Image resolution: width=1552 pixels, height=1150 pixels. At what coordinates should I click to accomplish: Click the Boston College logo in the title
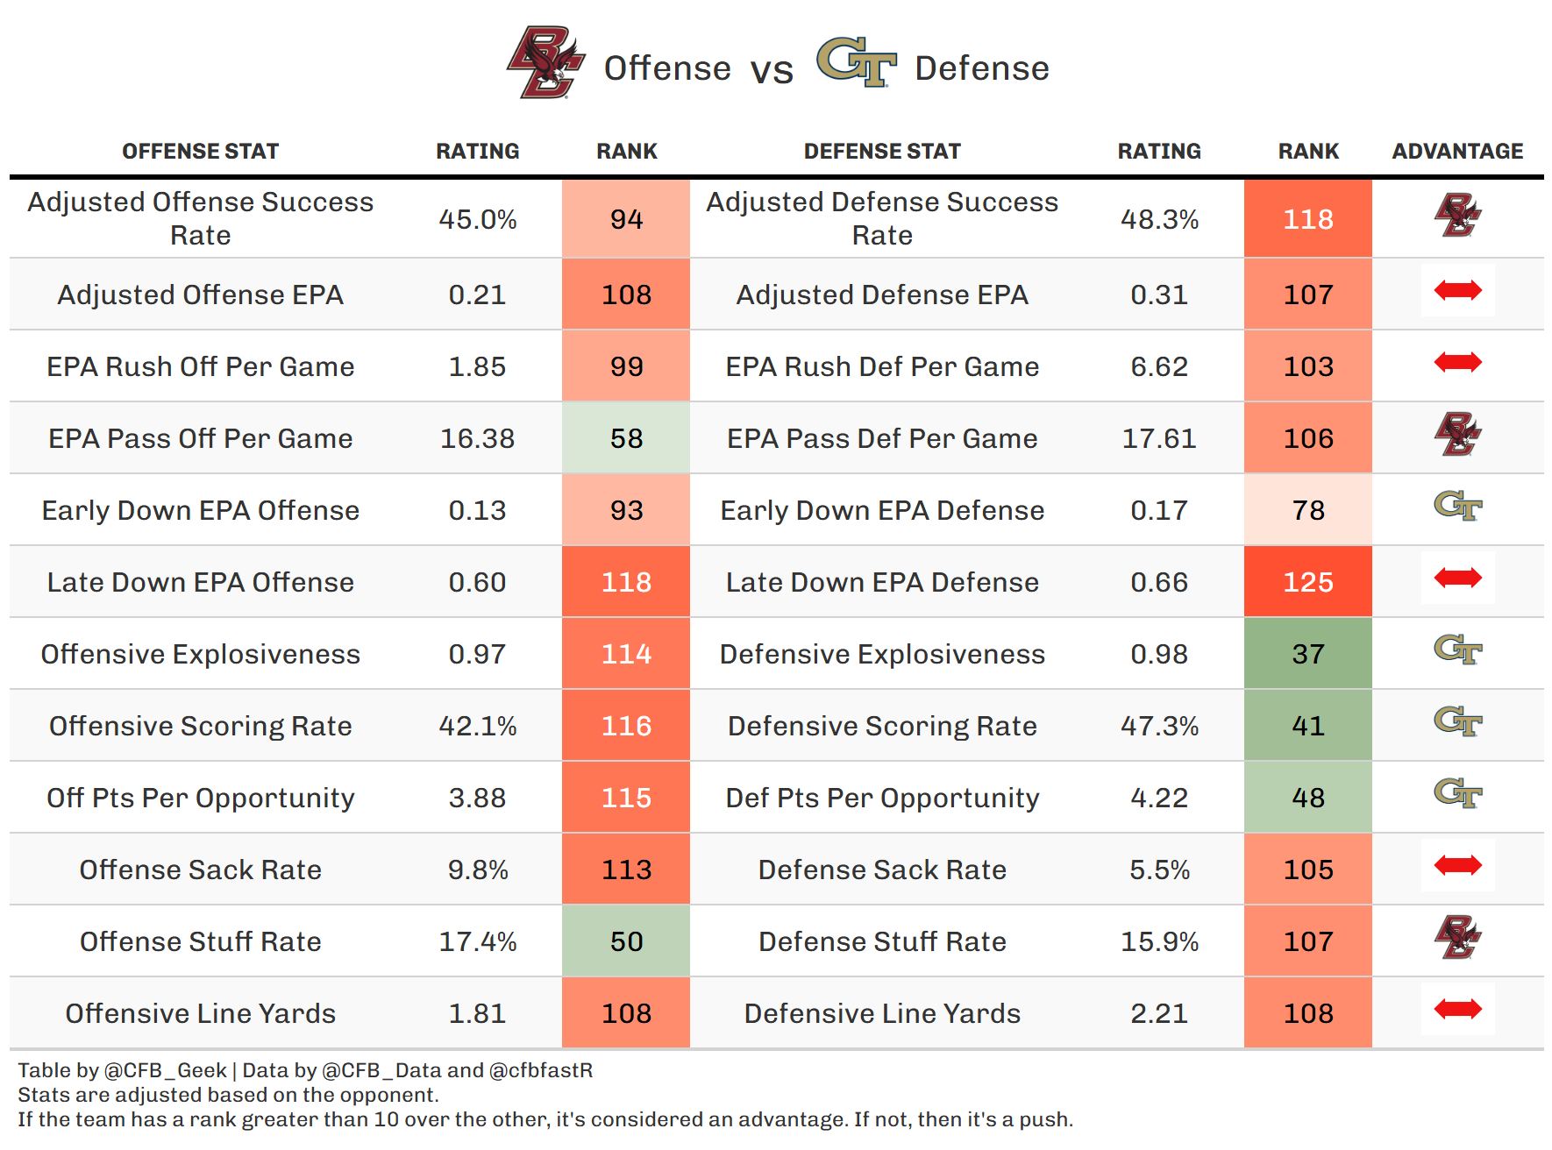click(545, 62)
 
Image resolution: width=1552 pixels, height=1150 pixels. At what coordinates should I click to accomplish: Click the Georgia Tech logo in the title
click(856, 62)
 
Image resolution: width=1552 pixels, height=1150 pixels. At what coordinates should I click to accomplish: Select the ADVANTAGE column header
click(1457, 152)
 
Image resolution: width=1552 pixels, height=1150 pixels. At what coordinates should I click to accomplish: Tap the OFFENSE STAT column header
click(200, 152)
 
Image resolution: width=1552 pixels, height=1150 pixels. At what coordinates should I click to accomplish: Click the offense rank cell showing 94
click(626, 219)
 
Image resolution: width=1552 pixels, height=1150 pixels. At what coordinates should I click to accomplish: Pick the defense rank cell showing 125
click(1307, 582)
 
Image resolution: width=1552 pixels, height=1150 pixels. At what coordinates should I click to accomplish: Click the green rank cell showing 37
click(1307, 654)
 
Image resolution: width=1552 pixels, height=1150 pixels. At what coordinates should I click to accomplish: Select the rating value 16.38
click(477, 438)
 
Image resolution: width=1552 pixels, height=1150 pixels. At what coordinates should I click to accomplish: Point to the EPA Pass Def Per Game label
click(882, 438)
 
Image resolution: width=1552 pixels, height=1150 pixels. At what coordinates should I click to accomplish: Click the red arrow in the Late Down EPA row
click(1457, 578)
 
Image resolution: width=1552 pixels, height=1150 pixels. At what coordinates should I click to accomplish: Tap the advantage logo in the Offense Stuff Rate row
click(1457, 938)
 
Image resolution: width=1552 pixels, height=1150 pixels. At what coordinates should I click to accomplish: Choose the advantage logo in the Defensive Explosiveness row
click(1457, 650)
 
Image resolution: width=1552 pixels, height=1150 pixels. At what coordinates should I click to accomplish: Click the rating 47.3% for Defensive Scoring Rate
click(1159, 726)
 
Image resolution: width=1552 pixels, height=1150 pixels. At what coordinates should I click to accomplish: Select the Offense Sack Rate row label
click(200, 870)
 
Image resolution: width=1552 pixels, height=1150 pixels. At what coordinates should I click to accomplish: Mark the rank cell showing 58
click(626, 438)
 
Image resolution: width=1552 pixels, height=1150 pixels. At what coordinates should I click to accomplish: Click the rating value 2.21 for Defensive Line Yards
click(1159, 1013)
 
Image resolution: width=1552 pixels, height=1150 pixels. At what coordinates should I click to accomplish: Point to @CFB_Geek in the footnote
click(165, 1070)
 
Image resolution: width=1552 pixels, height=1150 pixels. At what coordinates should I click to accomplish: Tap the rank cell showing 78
click(1307, 510)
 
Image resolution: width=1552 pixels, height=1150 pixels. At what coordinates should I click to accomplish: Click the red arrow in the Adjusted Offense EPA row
click(1457, 290)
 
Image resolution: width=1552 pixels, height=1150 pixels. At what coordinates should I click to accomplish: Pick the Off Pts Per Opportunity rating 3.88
click(477, 798)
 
